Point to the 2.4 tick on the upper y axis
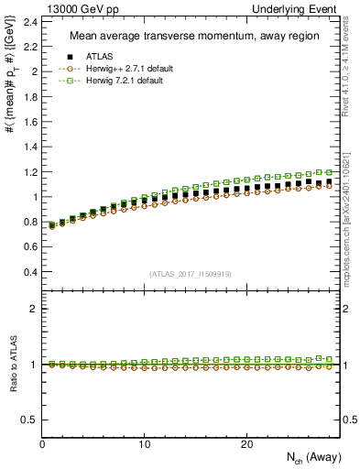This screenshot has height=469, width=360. point(28,21)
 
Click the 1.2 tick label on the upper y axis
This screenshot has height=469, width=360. point(28,171)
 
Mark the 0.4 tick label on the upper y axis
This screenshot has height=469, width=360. point(28,272)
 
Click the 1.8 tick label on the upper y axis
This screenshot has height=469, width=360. point(28,96)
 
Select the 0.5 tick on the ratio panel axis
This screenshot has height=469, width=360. point(28,420)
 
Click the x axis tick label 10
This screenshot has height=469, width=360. point(144,444)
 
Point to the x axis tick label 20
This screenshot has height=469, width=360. point(245,444)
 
